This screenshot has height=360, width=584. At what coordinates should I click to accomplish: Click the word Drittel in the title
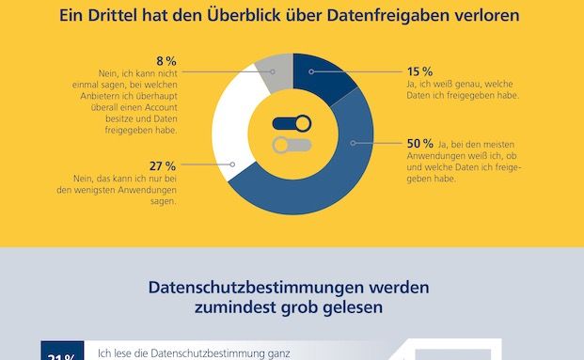pos(147,16)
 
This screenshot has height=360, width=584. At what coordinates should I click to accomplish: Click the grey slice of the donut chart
pos(275,71)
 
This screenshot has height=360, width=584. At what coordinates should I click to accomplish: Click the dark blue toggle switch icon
pos(292,123)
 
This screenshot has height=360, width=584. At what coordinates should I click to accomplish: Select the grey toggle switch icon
pos(292,145)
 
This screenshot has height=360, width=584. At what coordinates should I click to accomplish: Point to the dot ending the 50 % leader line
pos(354,143)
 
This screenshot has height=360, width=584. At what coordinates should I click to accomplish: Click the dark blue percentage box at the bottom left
pos(63,354)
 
